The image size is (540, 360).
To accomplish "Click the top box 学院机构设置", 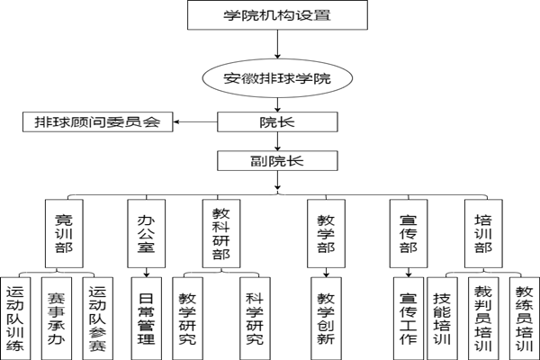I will pos(276,15).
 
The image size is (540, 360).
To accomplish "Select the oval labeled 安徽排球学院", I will pos(277,78).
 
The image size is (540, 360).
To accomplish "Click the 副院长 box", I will pos(277,161).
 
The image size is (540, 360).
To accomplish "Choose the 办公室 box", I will pos(145,233).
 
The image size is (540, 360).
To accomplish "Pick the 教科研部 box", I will pos(220,233).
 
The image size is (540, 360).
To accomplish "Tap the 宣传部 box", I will pos(407,233).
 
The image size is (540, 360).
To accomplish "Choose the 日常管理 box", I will pos(144,316).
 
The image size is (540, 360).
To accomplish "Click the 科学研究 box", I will pos(255,316).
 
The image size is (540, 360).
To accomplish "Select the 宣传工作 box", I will pos(407,316).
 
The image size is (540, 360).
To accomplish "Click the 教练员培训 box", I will pos(523,316).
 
